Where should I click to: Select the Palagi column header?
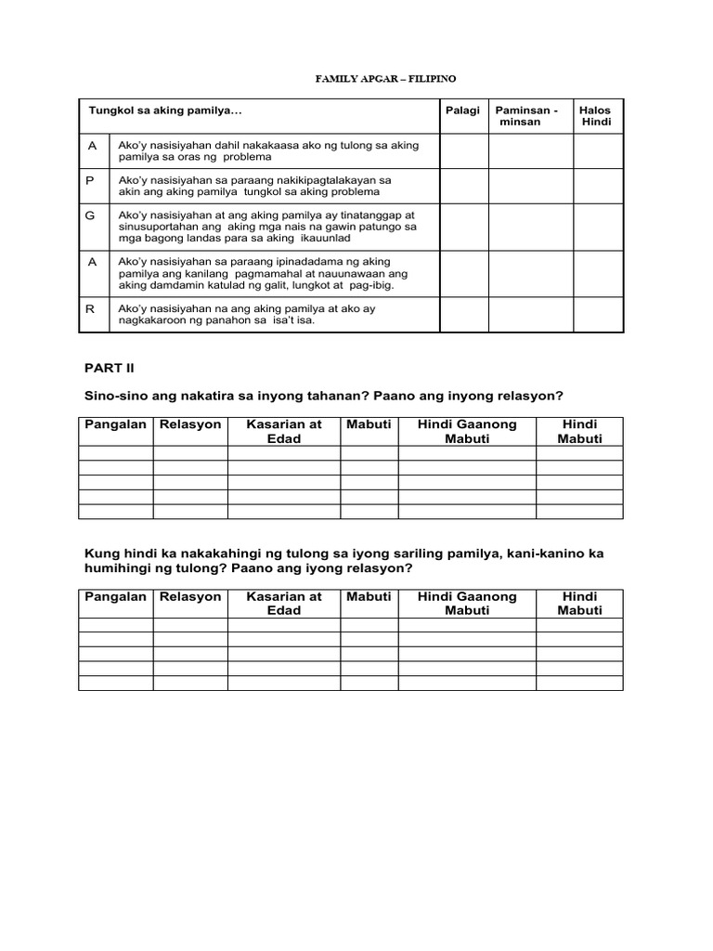tap(463, 111)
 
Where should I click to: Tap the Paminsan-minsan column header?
tap(526, 116)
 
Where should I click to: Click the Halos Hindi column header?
tap(595, 116)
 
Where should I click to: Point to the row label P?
tap(91, 179)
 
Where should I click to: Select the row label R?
tap(91, 308)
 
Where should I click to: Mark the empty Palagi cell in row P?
tap(463, 186)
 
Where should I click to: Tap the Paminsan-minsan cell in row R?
tap(526, 315)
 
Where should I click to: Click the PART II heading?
tap(110, 368)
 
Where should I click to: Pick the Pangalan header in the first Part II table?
tap(116, 424)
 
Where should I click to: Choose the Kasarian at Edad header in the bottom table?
tap(284, 604)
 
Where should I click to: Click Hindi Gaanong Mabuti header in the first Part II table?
tap(467, 431)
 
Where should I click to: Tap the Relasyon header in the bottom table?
tap(190, 597)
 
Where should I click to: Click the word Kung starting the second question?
tap(100, 554)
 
